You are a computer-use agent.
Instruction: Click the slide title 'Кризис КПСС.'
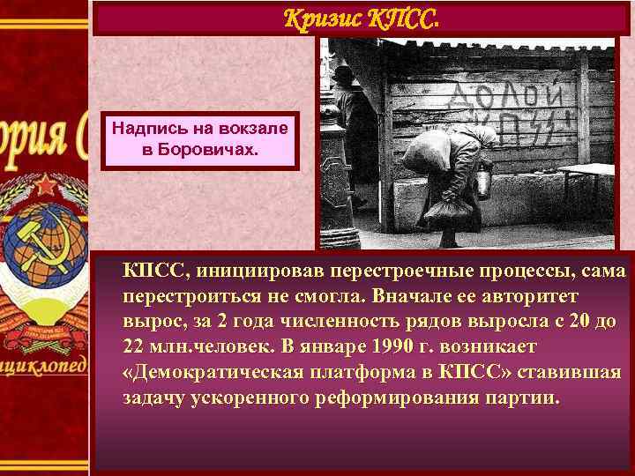362,18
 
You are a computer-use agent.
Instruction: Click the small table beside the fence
586,170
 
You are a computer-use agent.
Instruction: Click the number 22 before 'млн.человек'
134,343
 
